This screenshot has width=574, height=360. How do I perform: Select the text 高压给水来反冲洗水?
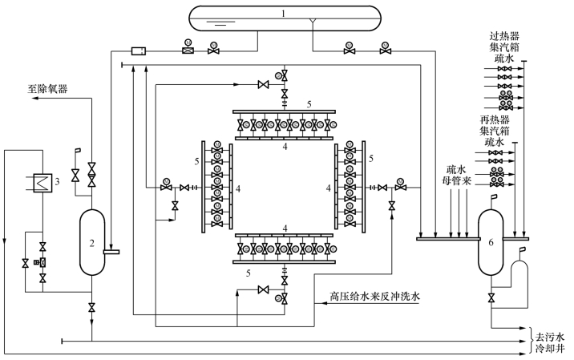pyautogui.click(x=374, y=297)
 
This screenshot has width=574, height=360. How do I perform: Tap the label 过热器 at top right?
pyautogui.click(x=506, y=36)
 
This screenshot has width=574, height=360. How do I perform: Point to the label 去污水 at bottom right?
pyautogui.click(x=552, y=337)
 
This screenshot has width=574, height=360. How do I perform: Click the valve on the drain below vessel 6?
pyautogui.click(x=488, y=298)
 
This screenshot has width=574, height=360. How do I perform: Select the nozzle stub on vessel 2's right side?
pyautogui.click(x=114, y=251)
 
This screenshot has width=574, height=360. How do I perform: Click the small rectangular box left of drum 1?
pyautogui.click(x=137, y=51)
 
